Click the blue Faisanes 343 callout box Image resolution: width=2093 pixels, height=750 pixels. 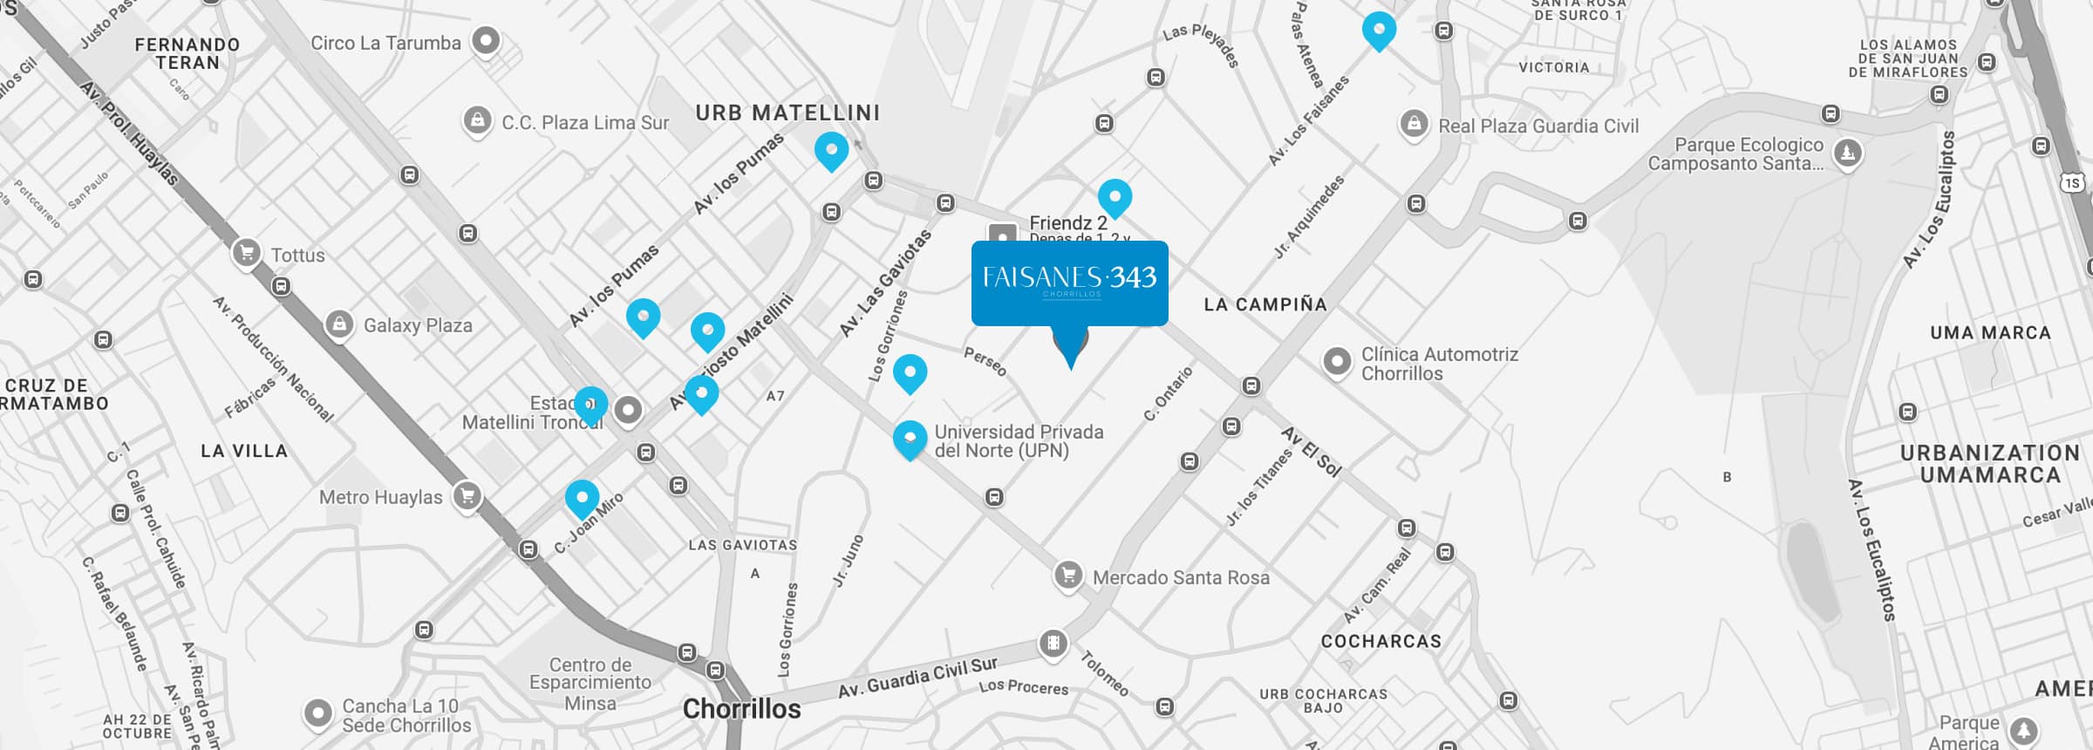(1069, 283)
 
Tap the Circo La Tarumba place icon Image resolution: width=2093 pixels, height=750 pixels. (486, 40)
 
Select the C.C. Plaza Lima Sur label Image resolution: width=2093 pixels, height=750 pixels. (585, 123)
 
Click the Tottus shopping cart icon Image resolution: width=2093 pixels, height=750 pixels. (247, 254)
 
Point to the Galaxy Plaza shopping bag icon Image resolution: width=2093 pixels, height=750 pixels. (339, 324)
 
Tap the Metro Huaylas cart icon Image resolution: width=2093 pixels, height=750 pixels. (467, 496)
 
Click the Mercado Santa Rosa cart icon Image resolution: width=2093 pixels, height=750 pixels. (1068, 576)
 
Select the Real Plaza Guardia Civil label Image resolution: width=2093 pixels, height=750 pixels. (1538, 126)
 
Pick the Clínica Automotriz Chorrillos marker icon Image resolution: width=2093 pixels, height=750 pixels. (1337, 361)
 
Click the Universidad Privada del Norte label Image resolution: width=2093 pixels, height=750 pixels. (1019, 441)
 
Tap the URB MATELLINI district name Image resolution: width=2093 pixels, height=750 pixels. (787, 113)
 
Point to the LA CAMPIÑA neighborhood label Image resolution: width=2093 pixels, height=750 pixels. (1265, 304)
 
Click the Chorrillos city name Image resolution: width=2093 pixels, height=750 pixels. (741, 709)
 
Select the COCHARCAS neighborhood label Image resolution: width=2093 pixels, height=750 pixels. (1381, 642)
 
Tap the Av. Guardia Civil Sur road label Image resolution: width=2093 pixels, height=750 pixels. (917, 678)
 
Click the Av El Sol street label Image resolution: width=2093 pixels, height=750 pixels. (1311, 451)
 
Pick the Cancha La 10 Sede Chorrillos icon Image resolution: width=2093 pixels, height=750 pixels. (318, 713)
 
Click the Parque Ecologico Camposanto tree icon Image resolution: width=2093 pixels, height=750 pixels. (1847, 153)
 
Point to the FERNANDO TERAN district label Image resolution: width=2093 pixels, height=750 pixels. (187, 53)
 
